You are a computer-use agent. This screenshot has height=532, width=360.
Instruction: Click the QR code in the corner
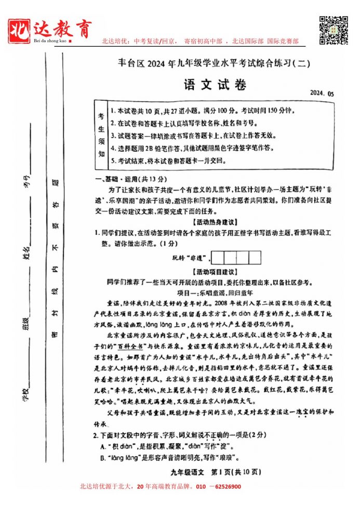[x=333, y=31]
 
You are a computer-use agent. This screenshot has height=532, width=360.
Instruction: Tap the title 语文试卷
[x=207, y=85]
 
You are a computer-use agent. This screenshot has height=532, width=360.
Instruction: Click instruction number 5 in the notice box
[x=169, y=161]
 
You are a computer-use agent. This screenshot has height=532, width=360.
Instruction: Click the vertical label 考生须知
[x=102, y=134]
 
